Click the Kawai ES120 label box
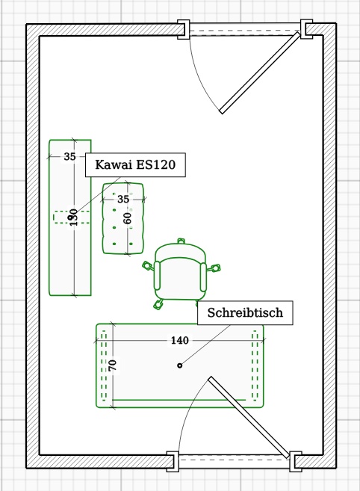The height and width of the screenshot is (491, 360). [x=135, y=165]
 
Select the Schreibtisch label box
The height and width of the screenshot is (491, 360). [x=245, y=313]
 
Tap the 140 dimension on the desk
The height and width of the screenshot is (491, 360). [x=180, y=340]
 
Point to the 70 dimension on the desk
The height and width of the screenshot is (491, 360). [x=112, y=365]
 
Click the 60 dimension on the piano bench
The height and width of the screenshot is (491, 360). [x=127, y=218]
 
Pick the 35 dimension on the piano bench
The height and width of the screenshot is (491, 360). [x=123, y=199]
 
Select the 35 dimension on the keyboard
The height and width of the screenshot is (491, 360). [x=69, y=156]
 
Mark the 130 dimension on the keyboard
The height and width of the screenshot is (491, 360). [x=73, y=217]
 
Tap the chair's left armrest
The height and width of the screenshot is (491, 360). [x=157, y=276]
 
